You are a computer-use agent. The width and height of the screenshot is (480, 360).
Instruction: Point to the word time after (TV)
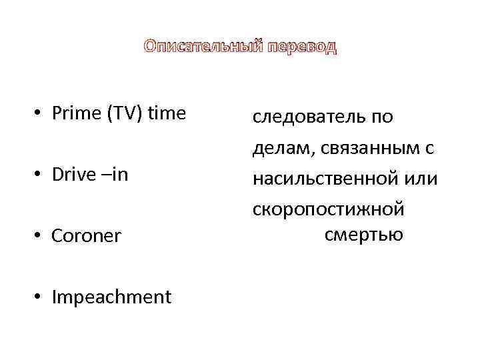(166, 113)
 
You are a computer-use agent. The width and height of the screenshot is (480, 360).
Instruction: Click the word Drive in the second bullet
(73, 175)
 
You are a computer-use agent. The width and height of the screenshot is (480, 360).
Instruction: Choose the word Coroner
(87, 236)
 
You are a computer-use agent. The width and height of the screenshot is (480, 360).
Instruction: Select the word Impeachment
(111, 297)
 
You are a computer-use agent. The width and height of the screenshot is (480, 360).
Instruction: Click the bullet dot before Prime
(40, 115)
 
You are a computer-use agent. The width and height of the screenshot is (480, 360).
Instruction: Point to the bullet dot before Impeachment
(40, 297)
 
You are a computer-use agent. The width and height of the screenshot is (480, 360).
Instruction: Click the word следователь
(306, 117)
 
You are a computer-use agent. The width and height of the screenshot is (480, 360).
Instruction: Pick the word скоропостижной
(328, 209)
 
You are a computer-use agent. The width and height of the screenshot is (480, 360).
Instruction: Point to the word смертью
(364, 235)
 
